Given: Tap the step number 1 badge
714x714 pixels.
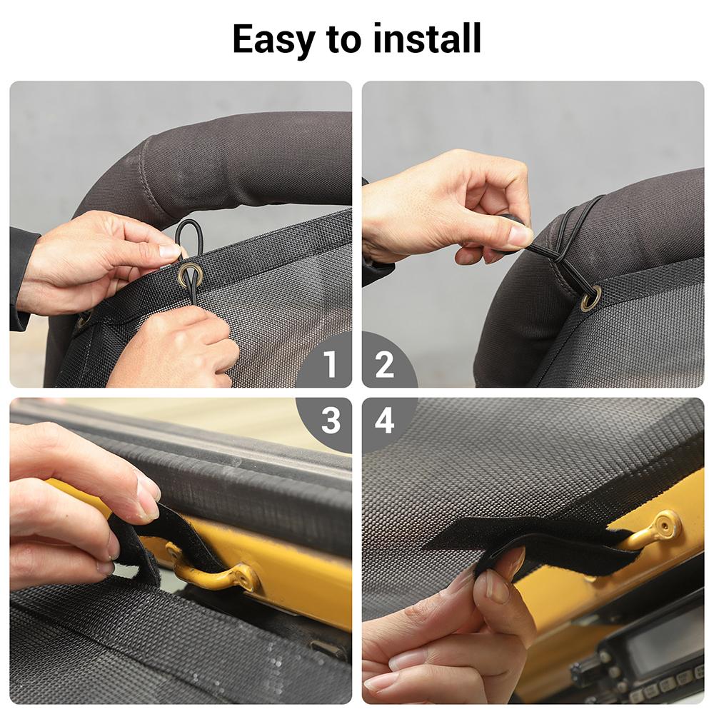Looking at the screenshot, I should (329, 365).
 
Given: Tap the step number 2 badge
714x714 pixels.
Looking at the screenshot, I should (384, 365).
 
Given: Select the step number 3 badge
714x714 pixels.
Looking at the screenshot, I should (329, 421).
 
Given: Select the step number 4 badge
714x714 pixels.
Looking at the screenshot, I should (384, 421).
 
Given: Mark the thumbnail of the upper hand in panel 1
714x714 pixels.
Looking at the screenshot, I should (170, 251).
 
